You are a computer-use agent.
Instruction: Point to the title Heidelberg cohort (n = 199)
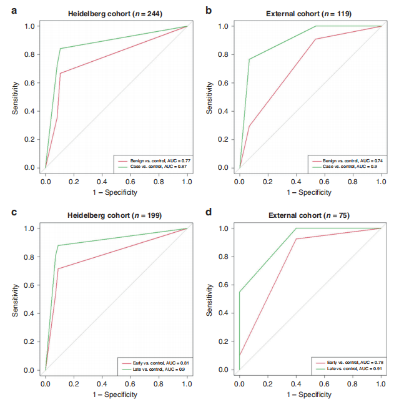click(116, 216)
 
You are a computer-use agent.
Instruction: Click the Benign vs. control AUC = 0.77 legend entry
click(152, 160)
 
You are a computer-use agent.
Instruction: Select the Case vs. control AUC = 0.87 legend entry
click(152, 165)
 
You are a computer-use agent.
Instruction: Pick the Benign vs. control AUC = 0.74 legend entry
click(347, 160)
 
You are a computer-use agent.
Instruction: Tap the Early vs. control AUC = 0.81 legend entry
click(152, 362)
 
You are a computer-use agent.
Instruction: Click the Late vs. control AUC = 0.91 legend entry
click(347, 368)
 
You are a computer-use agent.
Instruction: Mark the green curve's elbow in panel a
click(61, 48)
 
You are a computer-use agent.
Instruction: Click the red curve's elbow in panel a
click(61, 73)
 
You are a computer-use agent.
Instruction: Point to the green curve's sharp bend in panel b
click(250, 59)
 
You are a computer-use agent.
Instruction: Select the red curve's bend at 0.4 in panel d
click(296, 239)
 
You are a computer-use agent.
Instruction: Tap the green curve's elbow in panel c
click(57, 245)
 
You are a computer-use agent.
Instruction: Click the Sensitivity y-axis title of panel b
click(210, 97)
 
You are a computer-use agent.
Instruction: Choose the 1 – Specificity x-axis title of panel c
click(116, 395)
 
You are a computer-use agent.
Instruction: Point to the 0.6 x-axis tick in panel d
click(325, 380)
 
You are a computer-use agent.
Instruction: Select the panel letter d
click(208, 213)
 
